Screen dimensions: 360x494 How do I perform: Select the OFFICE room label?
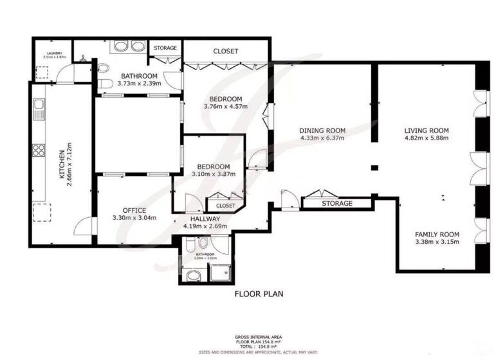point(134,210)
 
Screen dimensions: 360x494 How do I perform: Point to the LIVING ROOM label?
point(426,130)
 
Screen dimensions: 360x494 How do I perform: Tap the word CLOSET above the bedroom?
point(225,51)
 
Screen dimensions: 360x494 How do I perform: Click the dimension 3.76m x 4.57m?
point(225,107)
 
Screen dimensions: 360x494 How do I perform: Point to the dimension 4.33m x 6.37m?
point(322,138)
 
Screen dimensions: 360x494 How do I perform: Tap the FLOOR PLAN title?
point(259,294)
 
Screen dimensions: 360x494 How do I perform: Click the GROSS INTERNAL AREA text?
point(259,337)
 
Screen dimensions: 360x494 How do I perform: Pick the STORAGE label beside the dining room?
point(337,204)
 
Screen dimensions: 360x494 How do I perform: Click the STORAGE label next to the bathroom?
point(165,47)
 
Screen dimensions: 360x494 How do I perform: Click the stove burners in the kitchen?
point(39,150)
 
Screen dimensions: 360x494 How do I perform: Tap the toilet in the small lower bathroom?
point(203,244)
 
